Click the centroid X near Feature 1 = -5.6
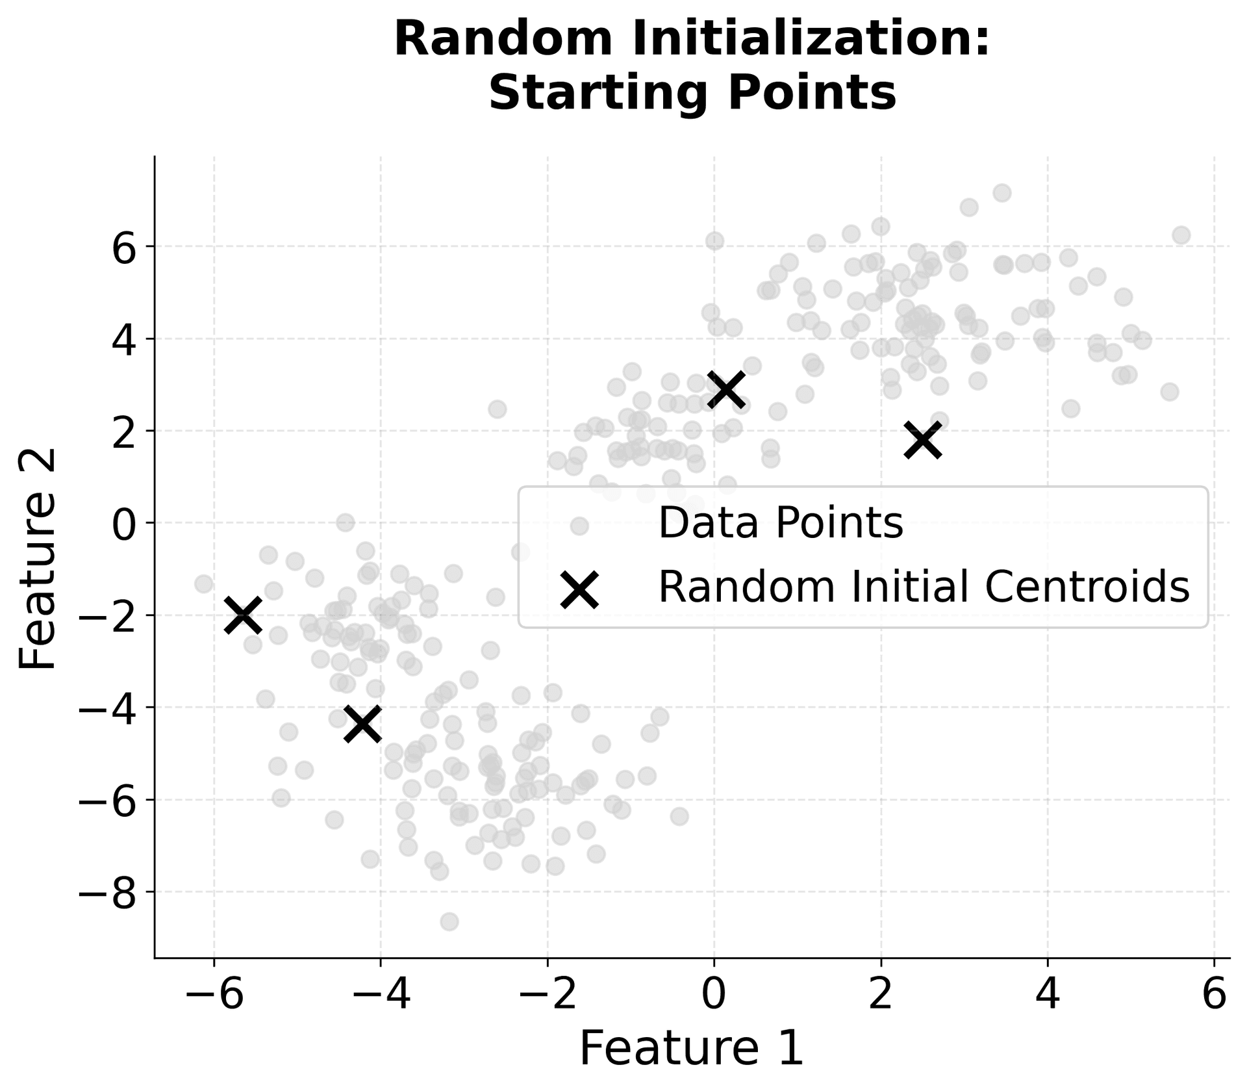click(243, 615)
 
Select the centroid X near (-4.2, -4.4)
click(362, 724)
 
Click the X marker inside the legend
click(579, 589)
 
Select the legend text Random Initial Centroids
click(924, 587)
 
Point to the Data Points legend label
click(781, 523)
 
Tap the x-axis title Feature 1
click(691, 1047)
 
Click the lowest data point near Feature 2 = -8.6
click(449, 921)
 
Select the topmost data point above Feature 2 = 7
click(1001, 193)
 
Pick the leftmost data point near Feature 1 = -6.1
click(204, 584)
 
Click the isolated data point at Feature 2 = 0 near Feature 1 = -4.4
click(346, 522)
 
